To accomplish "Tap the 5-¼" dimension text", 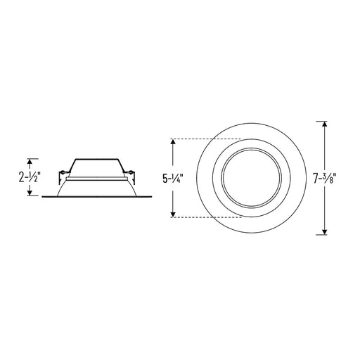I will pos(174,179).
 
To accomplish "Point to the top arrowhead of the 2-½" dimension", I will pos(30,160).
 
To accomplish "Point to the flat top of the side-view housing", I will pos(96,159).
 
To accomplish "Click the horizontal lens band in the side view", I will pos(96,180).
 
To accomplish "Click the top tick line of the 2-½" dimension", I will pos(30,157).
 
